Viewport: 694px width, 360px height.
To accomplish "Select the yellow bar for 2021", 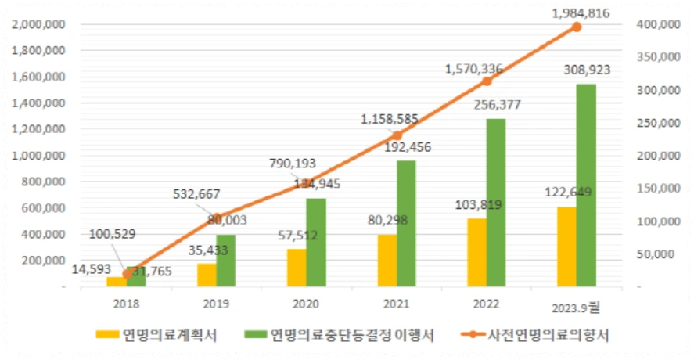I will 387,261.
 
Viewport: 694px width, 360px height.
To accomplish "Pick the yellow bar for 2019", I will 207,275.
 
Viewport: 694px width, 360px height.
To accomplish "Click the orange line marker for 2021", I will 397,136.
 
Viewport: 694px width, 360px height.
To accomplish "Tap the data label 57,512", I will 295,235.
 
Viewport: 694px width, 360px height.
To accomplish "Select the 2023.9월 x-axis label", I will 576,303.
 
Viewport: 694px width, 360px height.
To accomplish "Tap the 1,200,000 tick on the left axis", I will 38,130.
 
